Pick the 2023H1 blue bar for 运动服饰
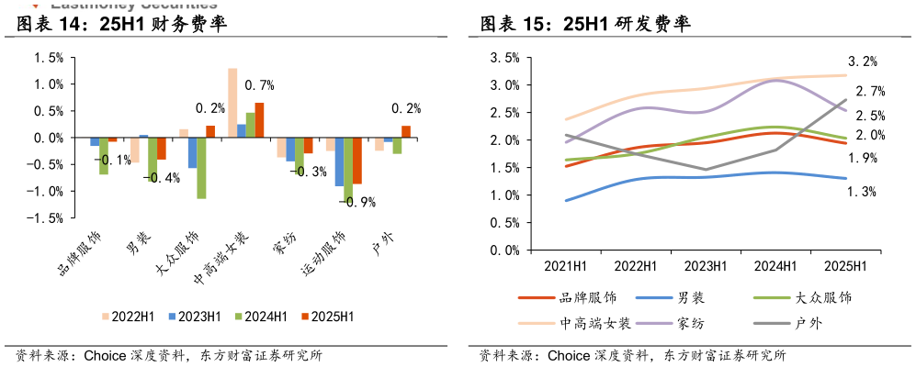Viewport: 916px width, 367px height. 339,161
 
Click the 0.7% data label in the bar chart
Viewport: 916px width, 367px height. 261,85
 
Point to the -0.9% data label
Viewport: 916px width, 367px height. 356,202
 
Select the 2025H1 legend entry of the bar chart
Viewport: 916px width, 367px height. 327,317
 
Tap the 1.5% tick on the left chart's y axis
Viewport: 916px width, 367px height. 49,57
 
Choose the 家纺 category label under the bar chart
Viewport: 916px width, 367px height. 283,247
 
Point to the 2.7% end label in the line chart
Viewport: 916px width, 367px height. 869,91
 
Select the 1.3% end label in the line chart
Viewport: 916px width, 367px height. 862,192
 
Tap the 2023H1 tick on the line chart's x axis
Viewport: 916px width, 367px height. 707,266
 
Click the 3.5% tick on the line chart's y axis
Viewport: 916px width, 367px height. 504,58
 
